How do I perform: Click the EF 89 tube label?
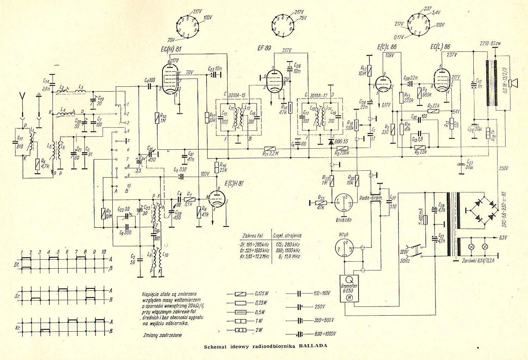[263, 49]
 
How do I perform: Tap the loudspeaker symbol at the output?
[513, 83]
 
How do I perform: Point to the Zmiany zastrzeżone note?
[162, 335]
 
